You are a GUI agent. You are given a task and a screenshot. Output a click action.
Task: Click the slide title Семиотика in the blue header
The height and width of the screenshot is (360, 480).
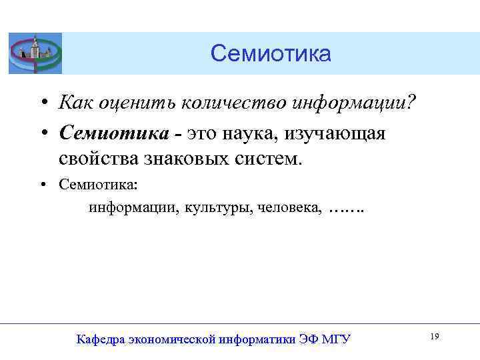[270, 53]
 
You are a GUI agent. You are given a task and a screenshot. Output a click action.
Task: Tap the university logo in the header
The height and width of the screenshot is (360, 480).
[35, 53]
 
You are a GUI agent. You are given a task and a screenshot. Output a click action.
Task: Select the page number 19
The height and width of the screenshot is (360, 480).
[434, 337]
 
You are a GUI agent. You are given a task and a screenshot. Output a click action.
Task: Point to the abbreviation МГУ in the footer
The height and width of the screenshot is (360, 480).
[336, 340]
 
